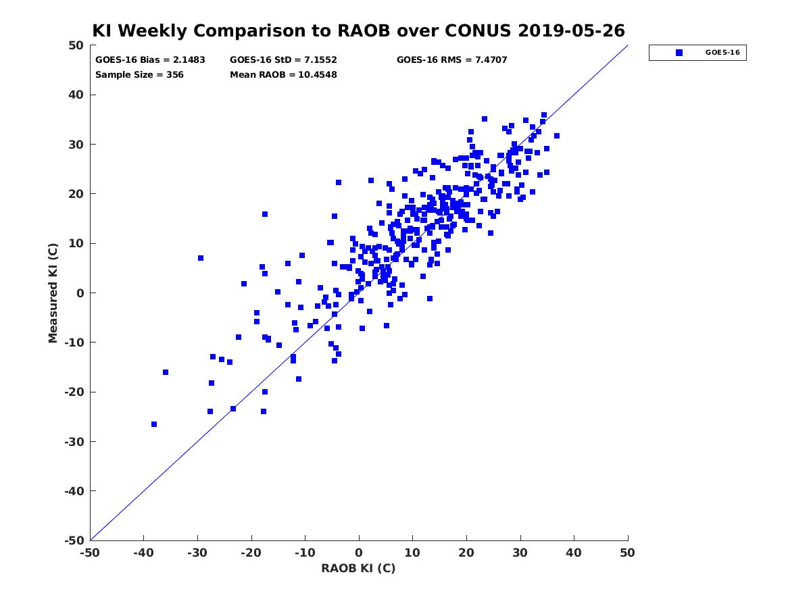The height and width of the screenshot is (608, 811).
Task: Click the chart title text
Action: [358, 30]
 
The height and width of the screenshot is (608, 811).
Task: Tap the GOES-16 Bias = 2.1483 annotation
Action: [150, 60]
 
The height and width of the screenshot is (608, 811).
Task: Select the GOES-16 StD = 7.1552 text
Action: [283, 60]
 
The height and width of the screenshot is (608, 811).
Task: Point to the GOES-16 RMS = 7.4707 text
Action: [451, 60]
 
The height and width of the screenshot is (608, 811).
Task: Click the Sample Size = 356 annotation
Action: [139, 74]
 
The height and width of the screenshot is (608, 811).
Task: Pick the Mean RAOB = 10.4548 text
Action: [283, 74]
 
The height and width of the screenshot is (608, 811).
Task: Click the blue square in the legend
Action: [679, 53]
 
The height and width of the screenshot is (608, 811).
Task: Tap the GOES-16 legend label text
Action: [722, 53]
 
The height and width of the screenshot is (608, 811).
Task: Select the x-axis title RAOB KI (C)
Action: [358, 568]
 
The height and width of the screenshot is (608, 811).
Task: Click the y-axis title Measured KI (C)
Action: [53, 293]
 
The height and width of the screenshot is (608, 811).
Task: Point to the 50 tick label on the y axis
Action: [76, 45]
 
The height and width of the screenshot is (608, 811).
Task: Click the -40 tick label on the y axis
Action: [74, 491]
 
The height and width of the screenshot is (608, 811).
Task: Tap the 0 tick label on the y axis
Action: [80, 293]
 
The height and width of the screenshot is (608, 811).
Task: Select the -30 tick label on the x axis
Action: [197, 553]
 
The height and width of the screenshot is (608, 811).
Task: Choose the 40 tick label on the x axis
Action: [574, 553]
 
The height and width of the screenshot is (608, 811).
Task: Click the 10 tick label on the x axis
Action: [412, 553]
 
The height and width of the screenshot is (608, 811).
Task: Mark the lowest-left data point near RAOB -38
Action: [154, 424]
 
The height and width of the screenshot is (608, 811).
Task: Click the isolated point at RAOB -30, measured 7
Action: [201, 258]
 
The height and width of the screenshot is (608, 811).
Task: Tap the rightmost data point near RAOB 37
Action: [557, 136]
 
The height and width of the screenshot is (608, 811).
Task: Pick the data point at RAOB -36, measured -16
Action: [166, 372]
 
